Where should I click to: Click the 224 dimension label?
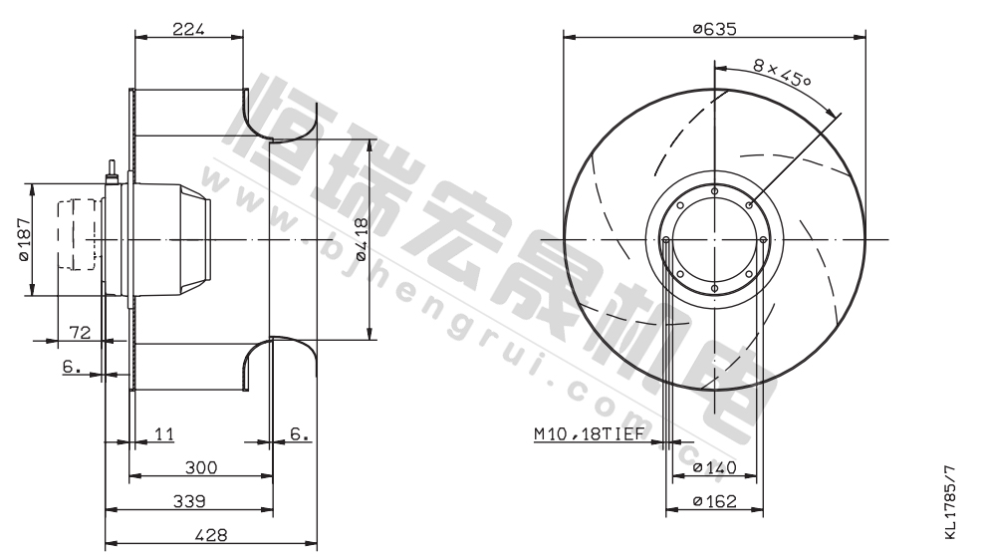tap(188, 29)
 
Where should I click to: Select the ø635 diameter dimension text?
tap(714, 29)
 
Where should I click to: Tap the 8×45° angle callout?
tap(782, 73)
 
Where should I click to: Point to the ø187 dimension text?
tap(23, 239)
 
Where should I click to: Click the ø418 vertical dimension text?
tap(361, 239)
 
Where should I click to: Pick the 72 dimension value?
tap(80, 332)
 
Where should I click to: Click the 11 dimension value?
tap(163, 433)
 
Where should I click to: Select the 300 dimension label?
tap(201, 467)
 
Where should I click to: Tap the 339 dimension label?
tap(188, 501)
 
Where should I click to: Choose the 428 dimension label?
tap(211, 535)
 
